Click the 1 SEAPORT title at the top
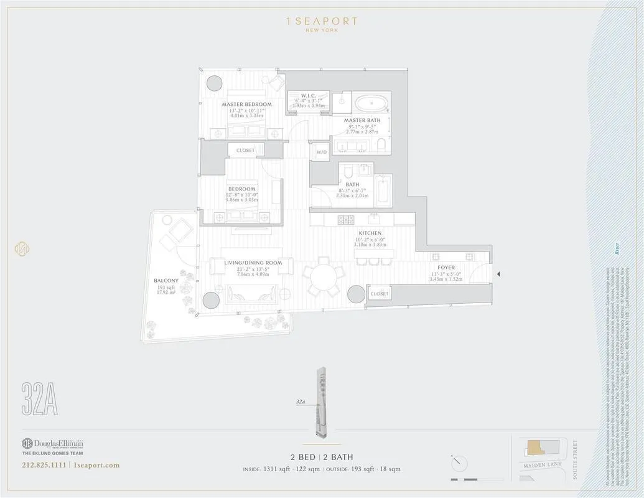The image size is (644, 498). (x=321, y=21)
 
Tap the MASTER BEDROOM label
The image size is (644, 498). (x=247, y=104)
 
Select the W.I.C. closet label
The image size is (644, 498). (x=309, y=95)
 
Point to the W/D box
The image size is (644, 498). (x=322, y=152)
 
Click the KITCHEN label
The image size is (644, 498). (x=370, y=233)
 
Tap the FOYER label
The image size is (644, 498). (x=446, y=268)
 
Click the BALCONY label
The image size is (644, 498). (x=166, y=281)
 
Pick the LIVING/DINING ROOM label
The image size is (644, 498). (x=253, y=263)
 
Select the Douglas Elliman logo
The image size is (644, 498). (x=52, y=444)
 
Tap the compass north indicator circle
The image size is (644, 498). (x=459, y=463)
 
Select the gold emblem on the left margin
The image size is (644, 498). (x=22, y=248)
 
